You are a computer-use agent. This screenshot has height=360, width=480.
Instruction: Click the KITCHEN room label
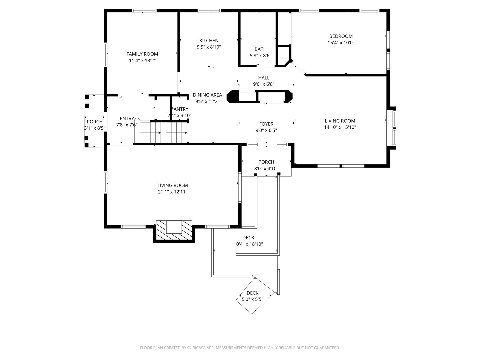[209, 41]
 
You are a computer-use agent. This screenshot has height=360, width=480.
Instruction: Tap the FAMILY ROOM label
[142, 54]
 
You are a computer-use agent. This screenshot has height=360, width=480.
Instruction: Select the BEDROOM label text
[341, 36]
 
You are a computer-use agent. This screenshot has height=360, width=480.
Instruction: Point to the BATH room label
[260, 49]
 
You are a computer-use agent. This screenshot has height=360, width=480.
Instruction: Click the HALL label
[264, 78]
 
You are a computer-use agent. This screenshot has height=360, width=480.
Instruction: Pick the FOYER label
[266, 124]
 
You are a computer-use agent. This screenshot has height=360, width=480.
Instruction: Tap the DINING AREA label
[207, 95]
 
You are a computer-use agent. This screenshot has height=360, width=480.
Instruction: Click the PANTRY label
[180, 109]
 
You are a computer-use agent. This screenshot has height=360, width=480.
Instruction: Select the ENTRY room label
[127, 119]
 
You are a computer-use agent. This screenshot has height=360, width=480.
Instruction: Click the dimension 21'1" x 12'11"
[173, 192]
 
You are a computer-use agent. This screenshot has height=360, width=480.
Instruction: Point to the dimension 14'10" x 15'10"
[340, 127]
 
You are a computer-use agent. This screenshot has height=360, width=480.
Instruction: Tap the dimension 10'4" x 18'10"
[248, 244]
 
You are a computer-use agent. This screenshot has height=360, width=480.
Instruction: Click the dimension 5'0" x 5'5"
[252, 299]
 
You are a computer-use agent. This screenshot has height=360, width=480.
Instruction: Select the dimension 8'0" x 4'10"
[266, 169]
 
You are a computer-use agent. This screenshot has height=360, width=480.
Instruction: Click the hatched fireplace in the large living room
[174, 230]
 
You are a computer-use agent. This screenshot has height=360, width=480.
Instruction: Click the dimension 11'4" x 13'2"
[142, 61]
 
